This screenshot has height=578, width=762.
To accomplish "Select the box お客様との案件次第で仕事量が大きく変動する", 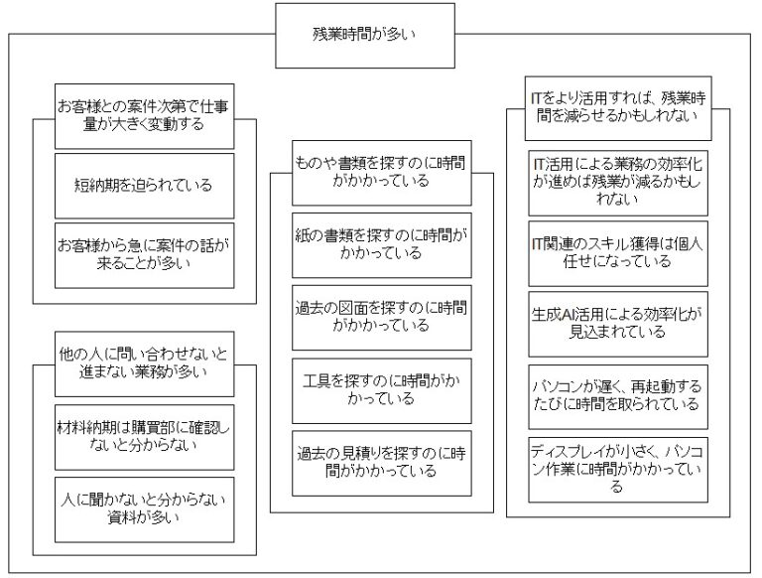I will pyautogui.click(x=145, y=115).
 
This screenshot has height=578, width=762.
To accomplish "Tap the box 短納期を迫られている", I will pyautogui.click(x=145, y=185).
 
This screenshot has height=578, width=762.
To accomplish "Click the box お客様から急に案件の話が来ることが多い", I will pyautogui.click(x=145, y=254).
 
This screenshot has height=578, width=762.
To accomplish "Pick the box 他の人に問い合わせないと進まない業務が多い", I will pyautogui.click(x=145, y=363).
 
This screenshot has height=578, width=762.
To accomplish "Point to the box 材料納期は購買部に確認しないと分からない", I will pyautogui.click(x=145, y=435).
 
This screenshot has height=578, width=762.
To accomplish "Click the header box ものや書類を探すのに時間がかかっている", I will pyautogui.click(x=381, y=170).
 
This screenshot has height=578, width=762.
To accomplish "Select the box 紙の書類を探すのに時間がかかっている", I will pyautogui.click(x=381, y=244).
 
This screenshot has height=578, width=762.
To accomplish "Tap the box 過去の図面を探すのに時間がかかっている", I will pyautogui.click(x=381, y=315).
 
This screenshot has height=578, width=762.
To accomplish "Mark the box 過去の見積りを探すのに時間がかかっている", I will pyautogui.click(x=381, y=463).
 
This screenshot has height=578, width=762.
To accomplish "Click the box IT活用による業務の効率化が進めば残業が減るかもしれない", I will pyautogui.click(x=618, y=181).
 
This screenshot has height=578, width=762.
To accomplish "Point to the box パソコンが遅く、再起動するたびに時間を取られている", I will pyautogui.click(x=618, y=394).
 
